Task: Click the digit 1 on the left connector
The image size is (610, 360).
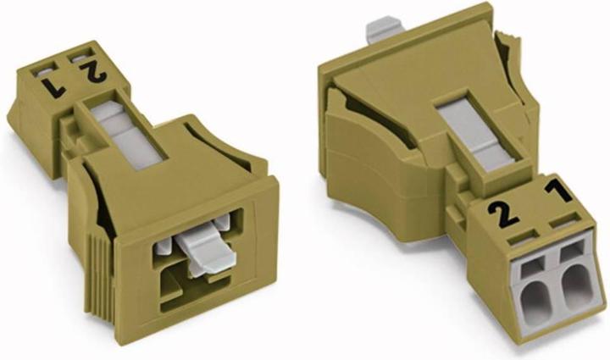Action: coord(51,85)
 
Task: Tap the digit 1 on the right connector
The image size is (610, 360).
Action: coord(557,192)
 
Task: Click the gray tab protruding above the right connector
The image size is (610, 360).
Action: coord(384,29)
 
